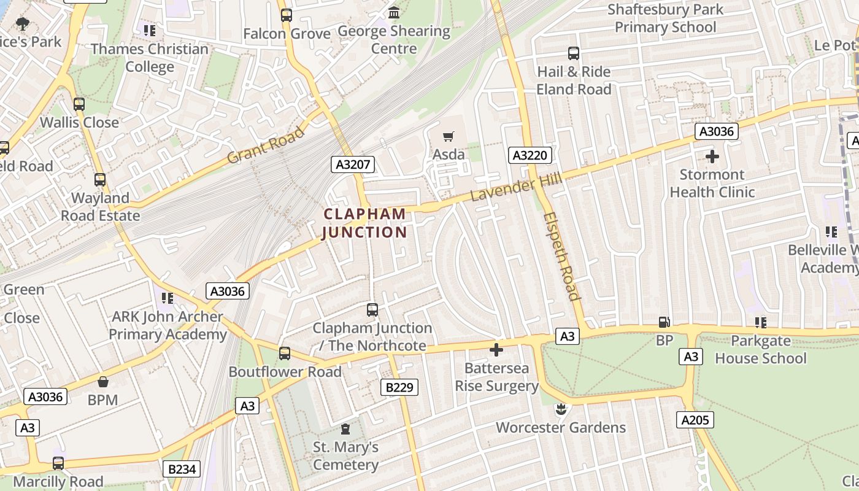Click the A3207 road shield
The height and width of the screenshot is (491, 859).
[353, 164]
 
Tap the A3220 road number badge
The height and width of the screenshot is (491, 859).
[530, 155]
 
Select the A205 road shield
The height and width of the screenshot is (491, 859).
[695, 420]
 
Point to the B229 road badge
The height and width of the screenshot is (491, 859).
[399, 387]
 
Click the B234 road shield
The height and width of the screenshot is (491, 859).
[182, 470]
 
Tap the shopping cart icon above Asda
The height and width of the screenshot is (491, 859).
[449, 136]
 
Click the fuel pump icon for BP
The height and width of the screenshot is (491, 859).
[664, 322]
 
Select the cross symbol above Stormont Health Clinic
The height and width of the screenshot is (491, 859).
[712, 157]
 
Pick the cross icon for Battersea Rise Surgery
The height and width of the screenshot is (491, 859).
[496, 350]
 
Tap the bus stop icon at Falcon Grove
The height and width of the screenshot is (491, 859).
[287, 15]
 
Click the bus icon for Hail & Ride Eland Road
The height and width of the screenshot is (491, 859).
[574, 53]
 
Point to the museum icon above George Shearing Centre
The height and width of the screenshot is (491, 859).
[394, 12]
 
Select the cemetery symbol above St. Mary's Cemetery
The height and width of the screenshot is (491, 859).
[345, 428]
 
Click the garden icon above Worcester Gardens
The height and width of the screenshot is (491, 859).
[560, 409]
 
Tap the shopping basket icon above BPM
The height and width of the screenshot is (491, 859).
[102, 382]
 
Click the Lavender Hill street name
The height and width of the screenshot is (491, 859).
[511, 186]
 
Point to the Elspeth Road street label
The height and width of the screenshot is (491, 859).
[561, 257]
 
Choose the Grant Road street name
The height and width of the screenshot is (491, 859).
[266, 145]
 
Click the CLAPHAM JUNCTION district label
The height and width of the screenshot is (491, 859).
[364, 223]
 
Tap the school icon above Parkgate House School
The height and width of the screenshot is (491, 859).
[761, 322]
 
